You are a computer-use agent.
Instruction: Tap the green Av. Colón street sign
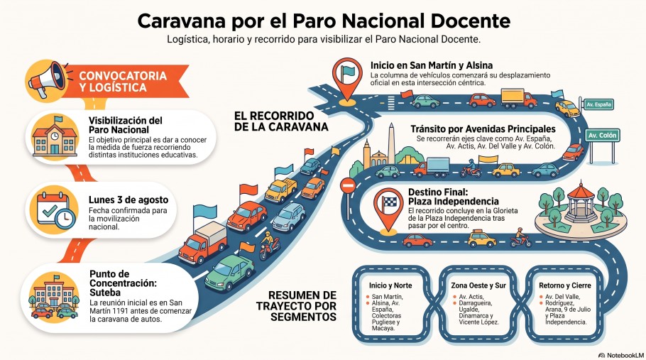602,136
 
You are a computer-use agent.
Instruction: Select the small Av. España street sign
598,104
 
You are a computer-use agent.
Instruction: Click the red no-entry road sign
348,186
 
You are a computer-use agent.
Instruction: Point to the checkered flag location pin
388,208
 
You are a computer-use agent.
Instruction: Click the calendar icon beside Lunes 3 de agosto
55,210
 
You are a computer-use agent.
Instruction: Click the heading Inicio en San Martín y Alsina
432,65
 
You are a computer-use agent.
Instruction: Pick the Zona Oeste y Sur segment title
478,285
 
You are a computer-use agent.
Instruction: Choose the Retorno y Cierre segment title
565,285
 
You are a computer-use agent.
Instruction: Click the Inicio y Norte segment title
390,285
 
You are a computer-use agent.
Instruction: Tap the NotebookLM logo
621,355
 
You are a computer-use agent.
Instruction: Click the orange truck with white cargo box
203,242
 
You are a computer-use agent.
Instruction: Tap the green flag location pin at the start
347,79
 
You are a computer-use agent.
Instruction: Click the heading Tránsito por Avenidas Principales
483,129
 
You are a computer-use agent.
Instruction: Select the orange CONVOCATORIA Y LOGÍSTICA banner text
123,81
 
